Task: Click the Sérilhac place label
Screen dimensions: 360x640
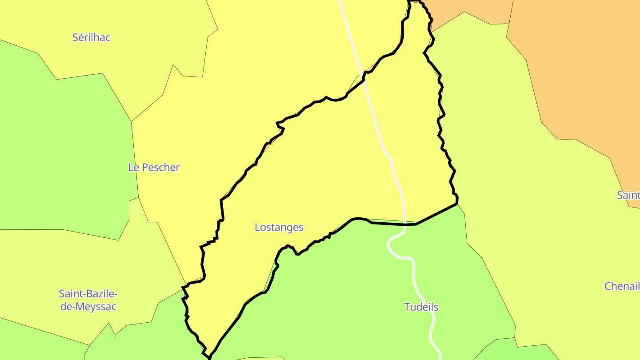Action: coord(91,37)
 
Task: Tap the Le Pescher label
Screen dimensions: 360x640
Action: coord(154,168)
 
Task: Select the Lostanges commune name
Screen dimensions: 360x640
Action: coord(279,228)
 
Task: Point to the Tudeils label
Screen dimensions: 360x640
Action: coord(421,307)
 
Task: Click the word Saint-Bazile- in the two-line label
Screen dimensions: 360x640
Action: coord(88,294)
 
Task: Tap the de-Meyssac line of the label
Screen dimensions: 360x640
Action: coord(88,306)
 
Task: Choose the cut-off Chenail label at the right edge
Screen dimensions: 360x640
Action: coord(622,286)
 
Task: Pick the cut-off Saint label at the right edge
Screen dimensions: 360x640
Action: coord(628,195)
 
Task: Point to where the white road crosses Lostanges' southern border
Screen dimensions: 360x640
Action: coord(405,224)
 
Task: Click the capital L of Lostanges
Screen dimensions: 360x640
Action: coord(257,228)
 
